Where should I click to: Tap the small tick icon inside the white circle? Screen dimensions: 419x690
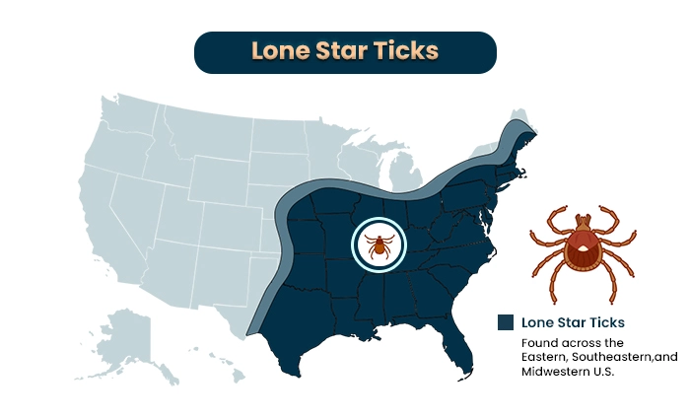378,244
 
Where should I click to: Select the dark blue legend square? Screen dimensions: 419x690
506,322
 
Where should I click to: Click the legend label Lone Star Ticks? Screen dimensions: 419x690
573,322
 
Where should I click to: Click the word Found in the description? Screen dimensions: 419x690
540,342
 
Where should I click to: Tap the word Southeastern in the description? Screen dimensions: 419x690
620,357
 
